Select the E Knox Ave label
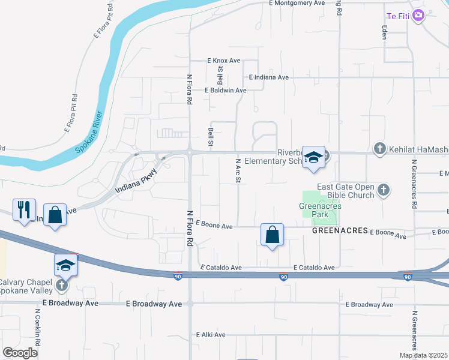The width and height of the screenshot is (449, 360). point(224,61)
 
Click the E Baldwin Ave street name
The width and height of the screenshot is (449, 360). point(226,91)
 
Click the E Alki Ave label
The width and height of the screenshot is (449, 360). point(211,335)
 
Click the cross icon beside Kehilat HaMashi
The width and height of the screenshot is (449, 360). point(379,148)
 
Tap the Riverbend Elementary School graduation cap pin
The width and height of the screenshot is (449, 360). point(313,158)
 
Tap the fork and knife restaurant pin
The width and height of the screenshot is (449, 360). point(24,210)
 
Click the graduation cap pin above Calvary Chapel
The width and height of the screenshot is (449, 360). point(66,265)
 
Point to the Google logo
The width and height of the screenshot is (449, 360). point(20,353)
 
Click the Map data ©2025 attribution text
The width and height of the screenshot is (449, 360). point(423,355)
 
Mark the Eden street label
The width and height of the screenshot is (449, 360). point(384,32)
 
